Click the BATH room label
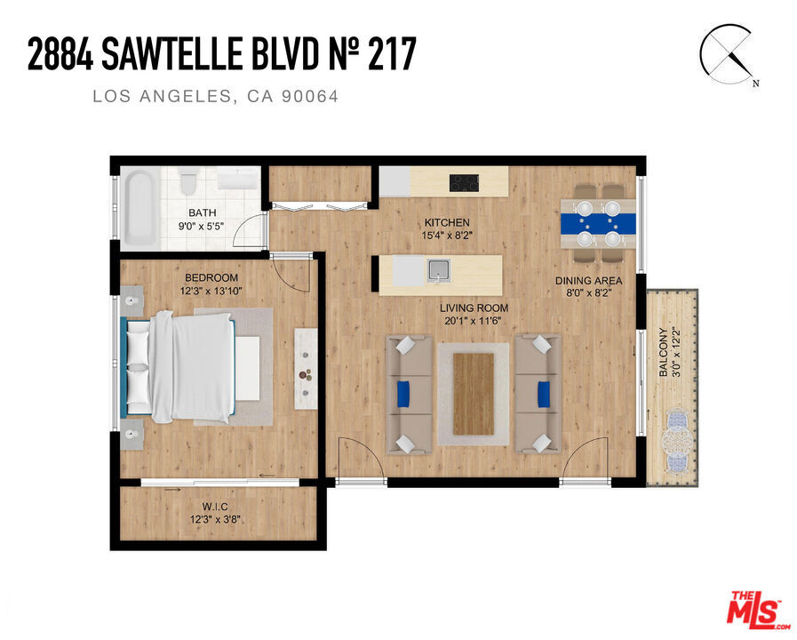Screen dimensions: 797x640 click(203, 212)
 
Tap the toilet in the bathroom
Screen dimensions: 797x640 click(187, 183)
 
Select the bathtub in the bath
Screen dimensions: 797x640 click(139, 207)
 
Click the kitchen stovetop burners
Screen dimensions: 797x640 click(464, 183)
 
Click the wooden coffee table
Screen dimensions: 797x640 click(474, 394)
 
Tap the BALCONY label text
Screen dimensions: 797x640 click(663, 352)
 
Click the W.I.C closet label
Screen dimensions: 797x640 click(215, 507)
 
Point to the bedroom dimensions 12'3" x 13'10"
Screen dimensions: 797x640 click(211, 292)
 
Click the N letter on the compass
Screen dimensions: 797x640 click(756, 84)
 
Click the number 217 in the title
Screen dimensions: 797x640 click(392, 54)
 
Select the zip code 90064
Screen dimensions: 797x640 click(310, 96)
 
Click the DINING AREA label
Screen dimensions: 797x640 click(588, 281)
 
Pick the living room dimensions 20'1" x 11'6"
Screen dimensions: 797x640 click(474, 321)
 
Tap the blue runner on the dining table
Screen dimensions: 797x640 click(598, 224)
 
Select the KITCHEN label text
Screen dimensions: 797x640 click(447, 222)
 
